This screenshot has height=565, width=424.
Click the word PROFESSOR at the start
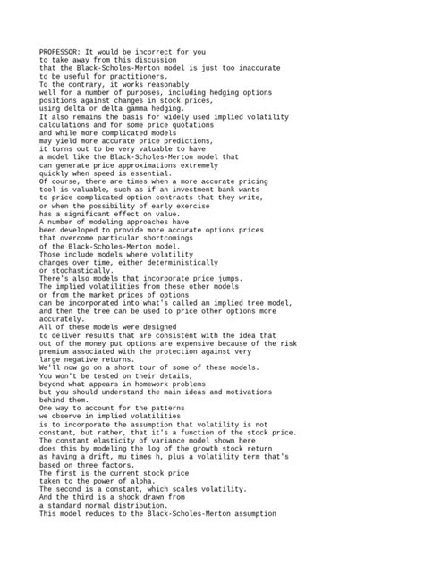(60, 52)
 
